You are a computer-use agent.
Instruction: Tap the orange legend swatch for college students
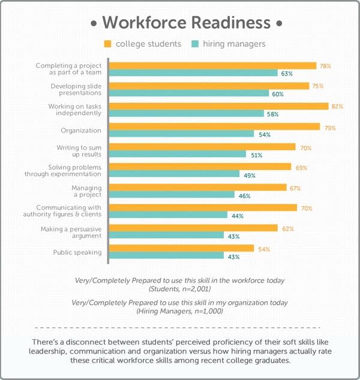point(108,44)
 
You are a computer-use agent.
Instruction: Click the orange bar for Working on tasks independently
point(218,106)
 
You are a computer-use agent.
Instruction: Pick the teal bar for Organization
point(182,134)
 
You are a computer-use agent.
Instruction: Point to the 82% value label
point(337,106)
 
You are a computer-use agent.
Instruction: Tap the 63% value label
point(286,73)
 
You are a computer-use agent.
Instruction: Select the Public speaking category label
point(77,252)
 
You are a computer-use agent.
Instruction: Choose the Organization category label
point(81,130)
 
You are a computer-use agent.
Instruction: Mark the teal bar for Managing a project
point(172,195)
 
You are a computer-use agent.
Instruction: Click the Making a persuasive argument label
point(71,232)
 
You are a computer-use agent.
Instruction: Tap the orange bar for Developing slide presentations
point(209,86)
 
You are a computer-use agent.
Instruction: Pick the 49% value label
point(250,175)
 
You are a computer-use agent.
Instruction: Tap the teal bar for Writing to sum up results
point(178,154)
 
